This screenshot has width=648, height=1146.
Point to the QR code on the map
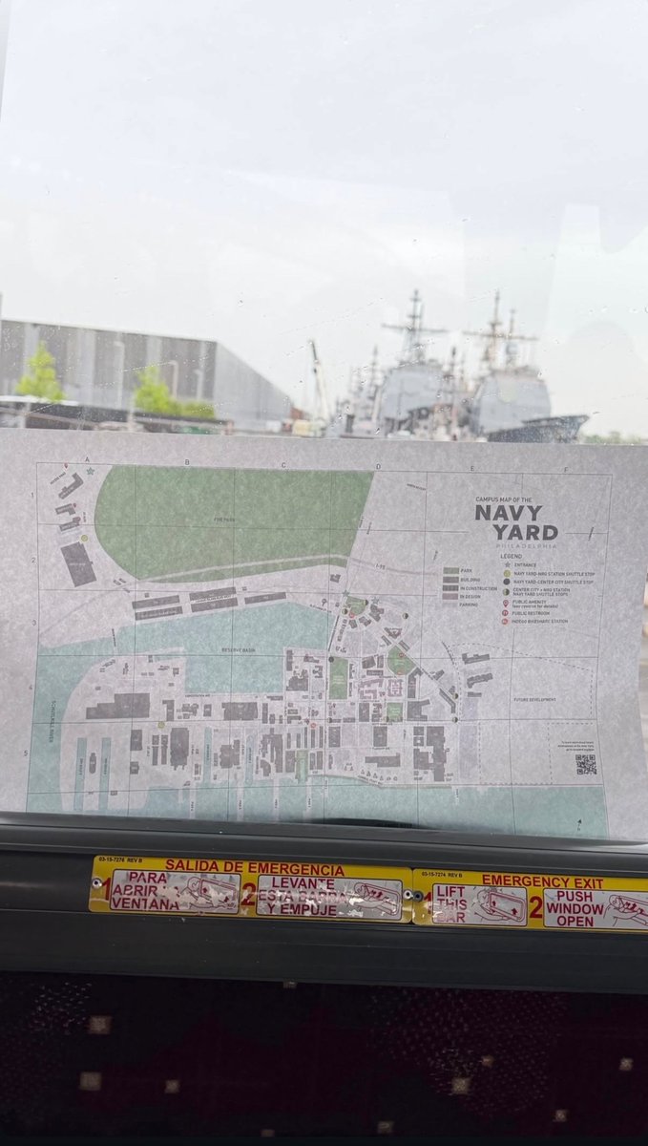coord(586,764)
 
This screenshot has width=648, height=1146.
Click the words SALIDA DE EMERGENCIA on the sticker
coord(254,869)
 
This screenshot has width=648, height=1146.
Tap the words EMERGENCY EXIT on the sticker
coord(542,881)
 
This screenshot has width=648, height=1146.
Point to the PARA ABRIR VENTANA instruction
coord(144,890)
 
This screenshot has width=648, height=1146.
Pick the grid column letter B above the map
coord(185,462)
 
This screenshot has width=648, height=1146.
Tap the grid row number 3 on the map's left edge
coord(35,623)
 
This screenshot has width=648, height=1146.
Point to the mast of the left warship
coord(413,325)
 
